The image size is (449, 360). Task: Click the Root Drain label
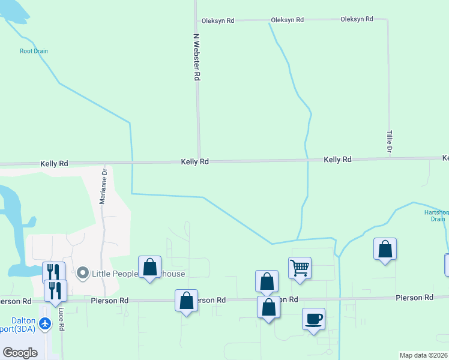pyautogui.click(x=34, y=51)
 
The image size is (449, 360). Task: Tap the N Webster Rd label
pyautogui.click(x=196, y=57)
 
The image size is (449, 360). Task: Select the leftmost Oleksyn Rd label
pyautogui.click(x=217, y=20)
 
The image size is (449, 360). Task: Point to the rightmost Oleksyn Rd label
pyautogui.click(x=357, y=19)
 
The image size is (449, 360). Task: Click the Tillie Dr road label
pyautogui.click(x=389, y=141)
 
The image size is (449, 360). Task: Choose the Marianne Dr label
pyautogui.click(x=103, y=187)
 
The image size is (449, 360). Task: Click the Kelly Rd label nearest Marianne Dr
pyautogui.click(x=54, y=163)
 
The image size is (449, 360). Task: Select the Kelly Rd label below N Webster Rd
pyautogui.click(x=195, y=162)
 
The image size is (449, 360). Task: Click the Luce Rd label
pyautogui.click(x=61, y=320)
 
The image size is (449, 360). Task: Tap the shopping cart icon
pyautogui.click(x=300, y=267)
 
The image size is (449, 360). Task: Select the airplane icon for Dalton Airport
pyautogui.click(x=45, y=323)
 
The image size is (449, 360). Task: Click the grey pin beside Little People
pyautogui.click(x=83, y=274)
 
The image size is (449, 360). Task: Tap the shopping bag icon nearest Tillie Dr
pyautogui.click(x=385, y=248)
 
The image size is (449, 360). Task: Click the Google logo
pyautogui.click(x=20, y=353)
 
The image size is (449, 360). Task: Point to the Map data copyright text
pyautogui.click(x=423, y=355)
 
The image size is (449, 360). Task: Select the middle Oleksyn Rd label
pyautogui.click(x=287, y=20)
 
